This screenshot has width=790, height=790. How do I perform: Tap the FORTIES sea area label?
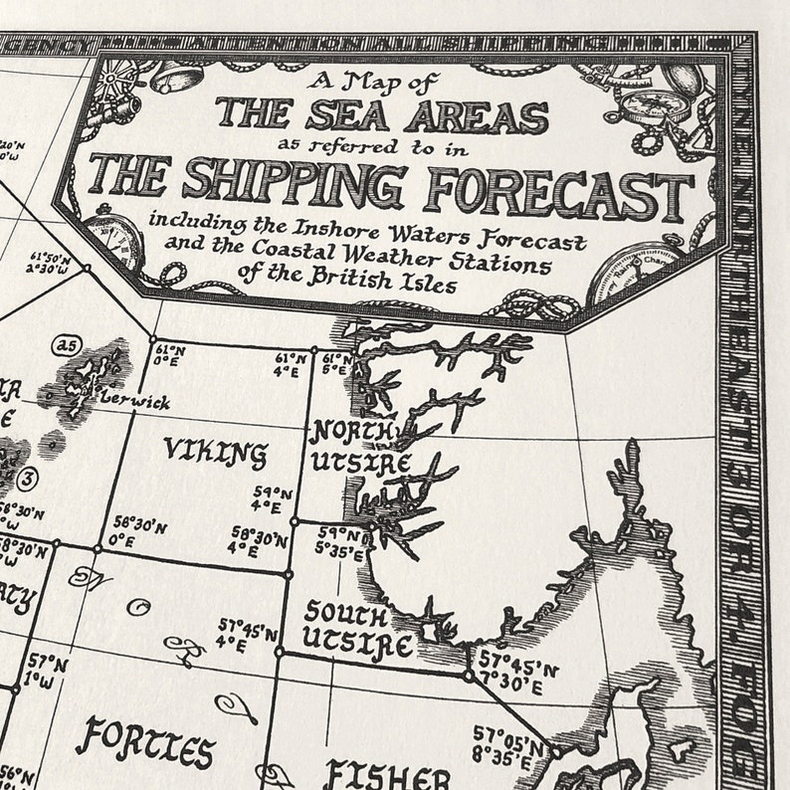(x=145, y=741)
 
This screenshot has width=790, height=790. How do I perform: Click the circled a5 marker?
(x=66, y=345)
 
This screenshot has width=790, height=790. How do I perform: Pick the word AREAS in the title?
(x=480, y=115)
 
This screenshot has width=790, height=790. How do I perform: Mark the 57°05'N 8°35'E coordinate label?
(x=508, y=743)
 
